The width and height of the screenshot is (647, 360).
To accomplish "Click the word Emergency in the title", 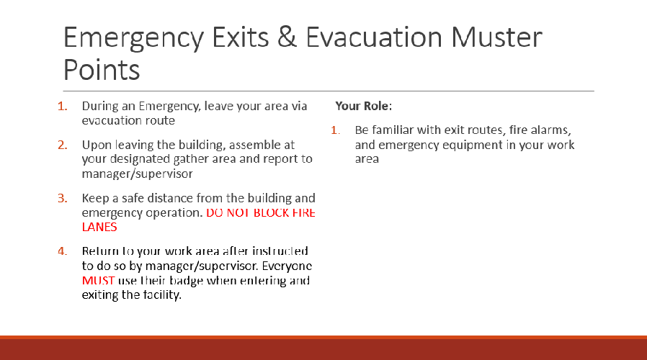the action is tap(133, 38).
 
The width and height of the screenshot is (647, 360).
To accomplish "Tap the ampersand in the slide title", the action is tap(287, 37).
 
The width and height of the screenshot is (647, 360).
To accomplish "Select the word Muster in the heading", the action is tap(496, 37).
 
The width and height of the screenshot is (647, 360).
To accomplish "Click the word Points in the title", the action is tap(102, 69).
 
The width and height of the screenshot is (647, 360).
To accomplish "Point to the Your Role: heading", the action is tap(364, 106).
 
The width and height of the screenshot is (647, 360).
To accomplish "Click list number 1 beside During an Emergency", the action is tap(62, 107).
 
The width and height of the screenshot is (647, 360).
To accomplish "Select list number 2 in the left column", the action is tap(62, 145).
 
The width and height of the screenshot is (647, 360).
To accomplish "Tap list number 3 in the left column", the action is tap(62, 198).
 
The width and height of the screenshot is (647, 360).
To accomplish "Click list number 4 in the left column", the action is tap(62, 251).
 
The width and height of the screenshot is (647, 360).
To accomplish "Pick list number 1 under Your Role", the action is tap(336, 130).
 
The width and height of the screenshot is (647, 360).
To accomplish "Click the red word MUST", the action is tap(98, 280).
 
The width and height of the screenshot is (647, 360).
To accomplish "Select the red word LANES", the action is tap(99, 228).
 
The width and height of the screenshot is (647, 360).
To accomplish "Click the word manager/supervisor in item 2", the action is tap(137, 174).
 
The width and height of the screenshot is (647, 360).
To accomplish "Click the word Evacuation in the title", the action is tap(374, 37).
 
